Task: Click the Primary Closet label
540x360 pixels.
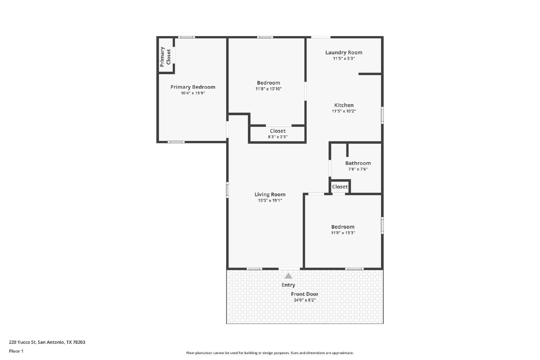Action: coord(165,57)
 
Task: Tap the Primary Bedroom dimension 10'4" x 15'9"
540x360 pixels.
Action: coord(193,93)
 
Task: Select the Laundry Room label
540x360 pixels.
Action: coord(344,53)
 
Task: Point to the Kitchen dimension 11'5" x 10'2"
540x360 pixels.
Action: coord(344,111)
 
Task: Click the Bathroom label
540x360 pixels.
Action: coord(358,163)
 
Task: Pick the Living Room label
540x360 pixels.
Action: coord(270,194)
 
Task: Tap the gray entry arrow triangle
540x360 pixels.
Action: coord(288,276)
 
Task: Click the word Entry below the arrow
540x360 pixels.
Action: coord(288,285)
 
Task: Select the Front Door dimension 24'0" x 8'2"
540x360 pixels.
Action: coord(305,300)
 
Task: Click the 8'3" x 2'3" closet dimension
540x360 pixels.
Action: coord(278,137)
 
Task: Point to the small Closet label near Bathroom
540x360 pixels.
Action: coord(340,187)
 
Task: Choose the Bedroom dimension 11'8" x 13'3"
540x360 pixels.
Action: coord(343,233)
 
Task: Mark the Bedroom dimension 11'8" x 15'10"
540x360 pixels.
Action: coord(269,89)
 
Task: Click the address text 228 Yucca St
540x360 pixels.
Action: coord(22,342)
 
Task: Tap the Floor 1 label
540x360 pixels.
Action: coord(16,351)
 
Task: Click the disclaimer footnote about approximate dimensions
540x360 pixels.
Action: coord(270,353)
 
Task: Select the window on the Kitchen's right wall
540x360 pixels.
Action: coord(382,115)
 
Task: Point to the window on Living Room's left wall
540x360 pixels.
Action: coord(227,190)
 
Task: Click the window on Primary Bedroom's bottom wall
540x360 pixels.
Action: coord(176,142)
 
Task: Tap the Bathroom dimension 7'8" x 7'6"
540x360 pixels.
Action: coord(358,169)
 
